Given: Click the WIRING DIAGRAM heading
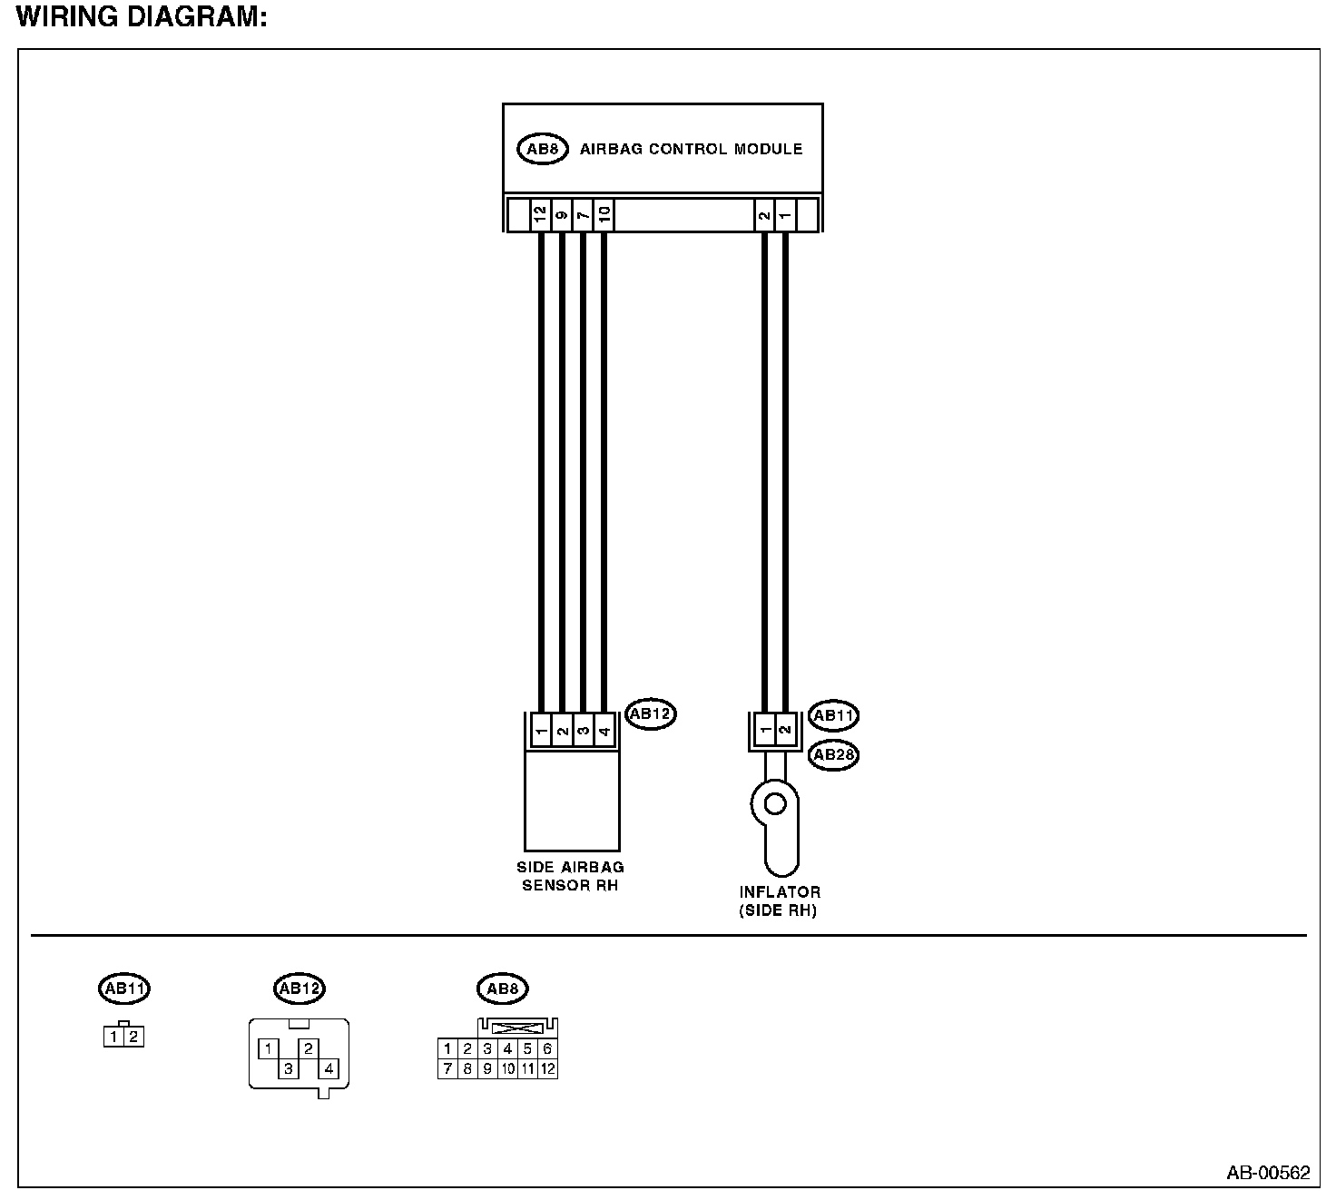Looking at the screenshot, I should pos(142,17).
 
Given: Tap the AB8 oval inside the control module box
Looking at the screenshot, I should pos(542,149).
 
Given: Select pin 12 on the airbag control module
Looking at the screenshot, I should pos(541,215).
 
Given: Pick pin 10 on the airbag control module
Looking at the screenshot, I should pos(604,215).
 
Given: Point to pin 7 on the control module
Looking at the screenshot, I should pos(584,215).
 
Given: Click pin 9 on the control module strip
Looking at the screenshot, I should pos(562,215).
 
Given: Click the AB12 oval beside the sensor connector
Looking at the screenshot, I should pos(650,714).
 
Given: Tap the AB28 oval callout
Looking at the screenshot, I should pos(833,755).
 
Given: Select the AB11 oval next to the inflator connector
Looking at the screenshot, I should pos(833,715).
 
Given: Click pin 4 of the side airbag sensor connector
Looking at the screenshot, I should pos(604,731).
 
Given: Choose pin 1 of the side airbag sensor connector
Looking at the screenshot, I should pos(541,731).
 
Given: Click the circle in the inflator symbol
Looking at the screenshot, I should pos(774,803).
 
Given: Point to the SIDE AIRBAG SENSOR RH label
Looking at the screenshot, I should pos(570,876).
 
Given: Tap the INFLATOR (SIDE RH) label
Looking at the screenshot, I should pos(779,901).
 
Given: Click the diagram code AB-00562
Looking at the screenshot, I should pos(1268,1173).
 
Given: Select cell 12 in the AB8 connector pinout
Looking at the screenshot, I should pos(547,1068).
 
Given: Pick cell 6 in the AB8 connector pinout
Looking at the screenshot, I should pos(547,1048).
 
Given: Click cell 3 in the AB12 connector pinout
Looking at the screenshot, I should pos(288,1068).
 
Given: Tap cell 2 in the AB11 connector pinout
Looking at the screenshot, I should pos(133,1036).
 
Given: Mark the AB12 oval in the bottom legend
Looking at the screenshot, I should pos(299,989).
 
